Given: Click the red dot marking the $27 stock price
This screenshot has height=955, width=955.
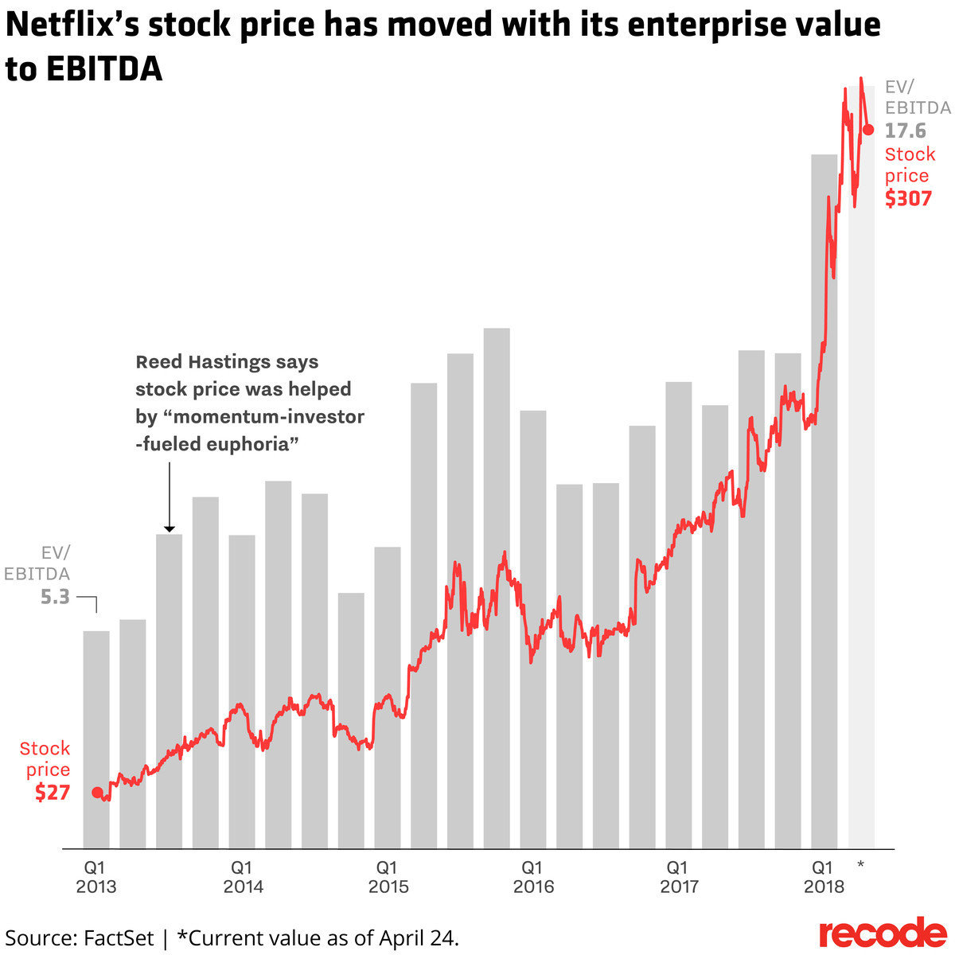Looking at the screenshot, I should [97, 792].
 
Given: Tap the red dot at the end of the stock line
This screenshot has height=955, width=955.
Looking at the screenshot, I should [868, 129].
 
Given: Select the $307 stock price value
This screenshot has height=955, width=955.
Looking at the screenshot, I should [908, 198].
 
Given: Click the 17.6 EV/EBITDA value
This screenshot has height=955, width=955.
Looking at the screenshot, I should [906, 130].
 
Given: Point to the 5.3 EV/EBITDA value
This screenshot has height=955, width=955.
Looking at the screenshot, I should [56, 596].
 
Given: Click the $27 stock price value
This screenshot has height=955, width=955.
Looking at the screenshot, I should [53, 793].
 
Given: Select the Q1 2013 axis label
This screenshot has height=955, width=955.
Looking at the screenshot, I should [95, 876].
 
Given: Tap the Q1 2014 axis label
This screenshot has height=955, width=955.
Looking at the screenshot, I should [243, 876].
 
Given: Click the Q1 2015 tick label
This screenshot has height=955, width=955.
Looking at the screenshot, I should [388, 876].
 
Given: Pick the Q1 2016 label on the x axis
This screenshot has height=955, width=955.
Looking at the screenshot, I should [533, 876].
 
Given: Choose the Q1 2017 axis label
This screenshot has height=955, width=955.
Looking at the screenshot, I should [679, 876].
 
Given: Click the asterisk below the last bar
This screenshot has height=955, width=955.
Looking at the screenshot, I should [860, 865].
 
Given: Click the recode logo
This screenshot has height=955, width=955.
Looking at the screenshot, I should [883, 932].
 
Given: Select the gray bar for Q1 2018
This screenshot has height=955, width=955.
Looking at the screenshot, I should [824, 501].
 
